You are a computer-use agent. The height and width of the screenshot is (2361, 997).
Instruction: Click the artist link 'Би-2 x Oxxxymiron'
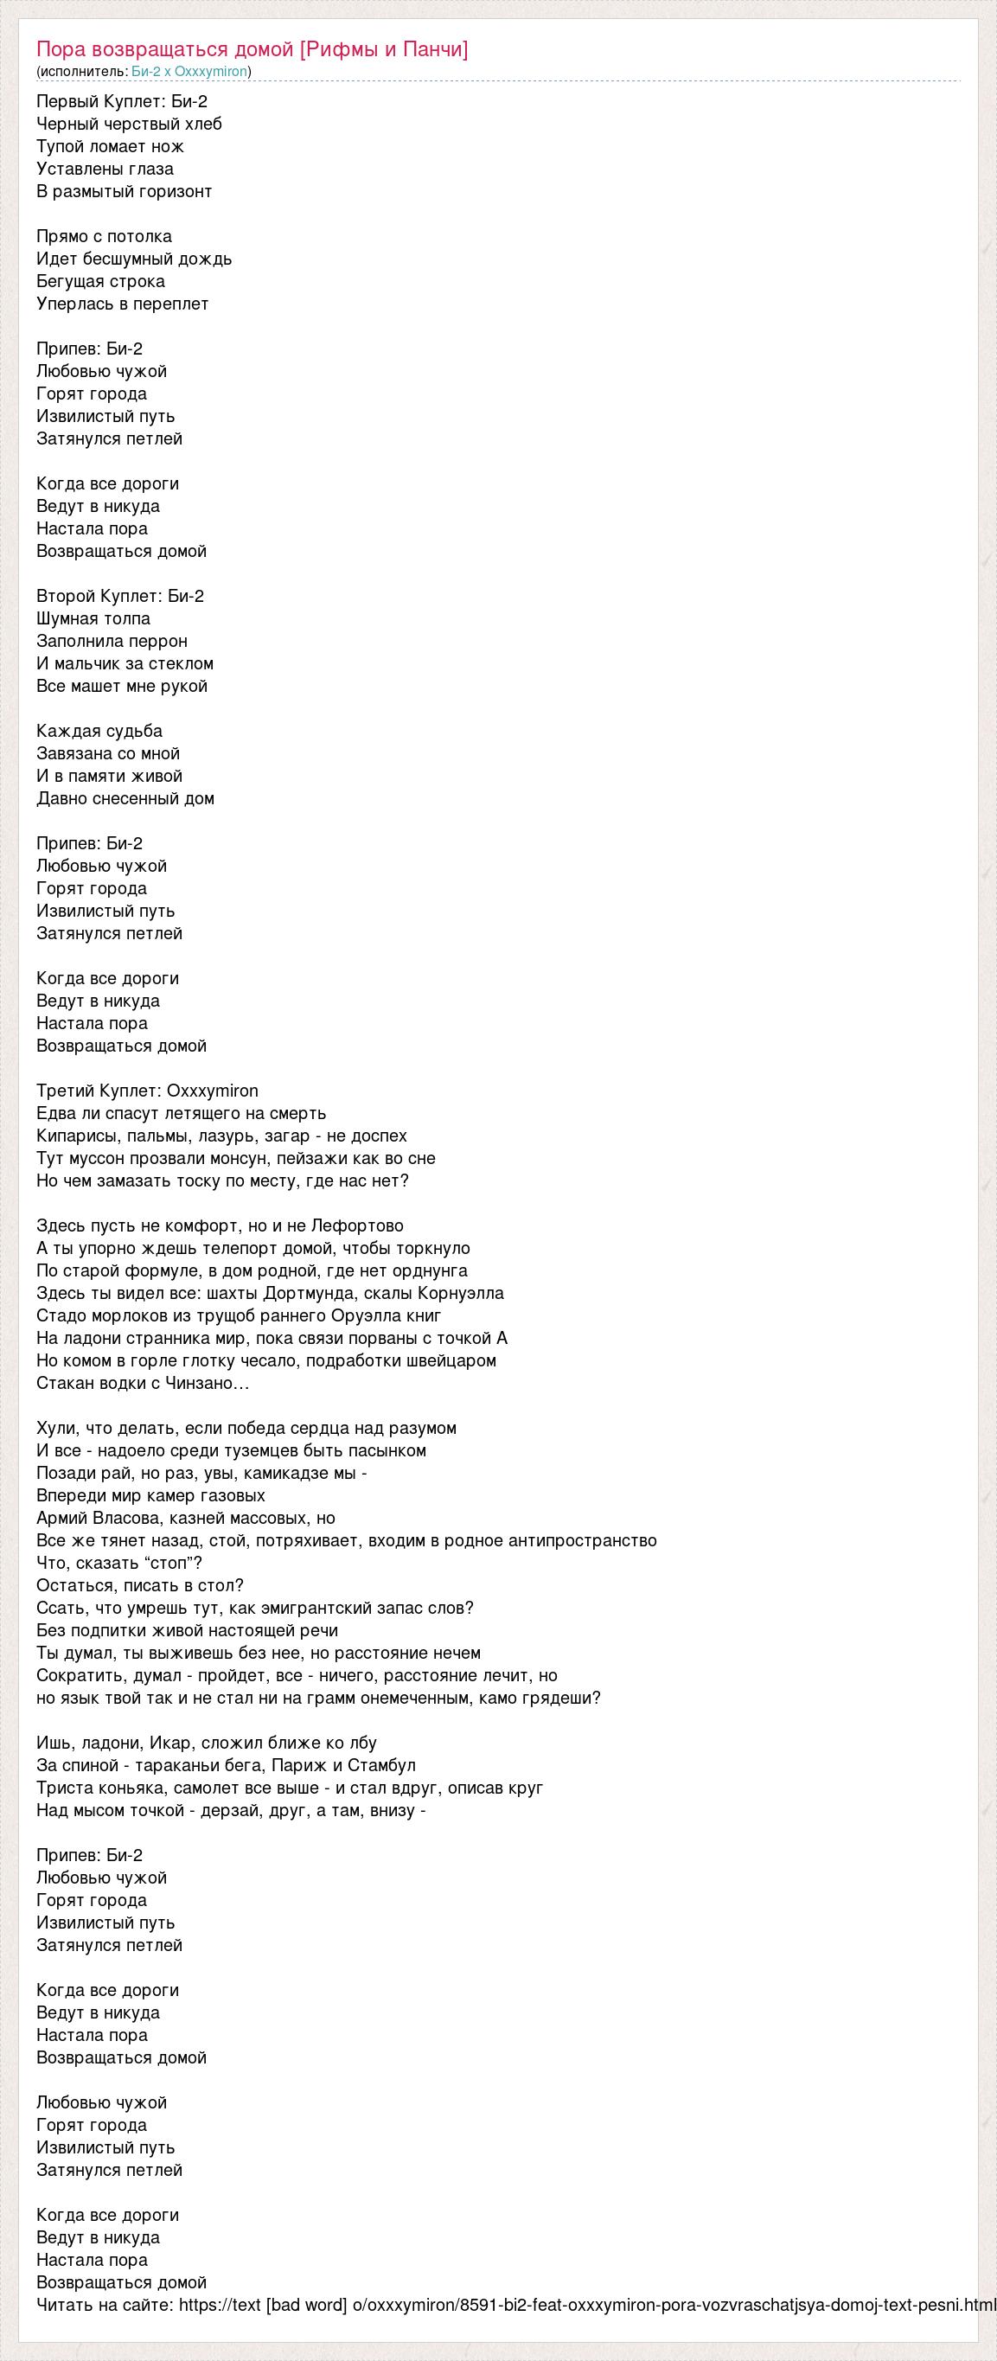(x=189, y=72)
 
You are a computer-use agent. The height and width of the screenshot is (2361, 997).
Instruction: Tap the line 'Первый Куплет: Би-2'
(x=122, y=102)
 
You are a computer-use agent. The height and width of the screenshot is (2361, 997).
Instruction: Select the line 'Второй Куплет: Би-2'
(x=120, y=597)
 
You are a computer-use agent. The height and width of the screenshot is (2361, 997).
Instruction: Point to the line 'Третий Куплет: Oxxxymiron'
(x=148, y=1091)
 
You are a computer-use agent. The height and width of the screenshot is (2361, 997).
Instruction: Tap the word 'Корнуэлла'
(x=460, y=1294)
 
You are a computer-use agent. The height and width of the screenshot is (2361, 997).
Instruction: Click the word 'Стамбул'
(x=378, y=1765)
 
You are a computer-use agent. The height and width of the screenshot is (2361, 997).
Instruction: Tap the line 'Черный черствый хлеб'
(x=129, y=125)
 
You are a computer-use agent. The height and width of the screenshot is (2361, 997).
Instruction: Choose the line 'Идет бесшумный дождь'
(x=134, y=259)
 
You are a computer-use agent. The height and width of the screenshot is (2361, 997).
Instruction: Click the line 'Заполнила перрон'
(x=112, y=642)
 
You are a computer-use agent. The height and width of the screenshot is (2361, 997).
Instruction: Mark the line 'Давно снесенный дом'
(x=125, y=799)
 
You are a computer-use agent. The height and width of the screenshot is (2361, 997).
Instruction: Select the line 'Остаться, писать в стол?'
(x=140, y=1585)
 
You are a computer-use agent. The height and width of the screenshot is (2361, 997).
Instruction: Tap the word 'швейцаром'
(x=457, y=1361)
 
